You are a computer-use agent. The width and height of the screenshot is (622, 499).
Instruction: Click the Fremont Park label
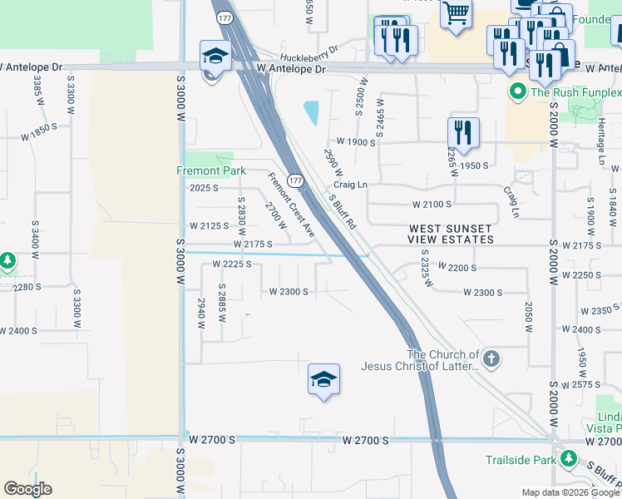pyautogui.click(x=211, y=170)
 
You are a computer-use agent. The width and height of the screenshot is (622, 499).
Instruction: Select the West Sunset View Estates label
pyautogui.click(x=450, y=234)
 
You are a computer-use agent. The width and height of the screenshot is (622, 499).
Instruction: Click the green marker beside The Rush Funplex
pyautogui.click(x=517, y=91)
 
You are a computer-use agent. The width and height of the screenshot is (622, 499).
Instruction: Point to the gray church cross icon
pyautogui.click(x=491, y=359)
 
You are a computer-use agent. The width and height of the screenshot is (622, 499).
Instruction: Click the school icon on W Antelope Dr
pyautogui.click(x=215, y=57)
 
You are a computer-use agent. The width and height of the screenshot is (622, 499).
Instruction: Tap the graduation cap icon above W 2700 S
pyautogui.click(x=323, y=380)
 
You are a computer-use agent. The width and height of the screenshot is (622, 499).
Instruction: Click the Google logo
pyautogui.click(x=27, y=489)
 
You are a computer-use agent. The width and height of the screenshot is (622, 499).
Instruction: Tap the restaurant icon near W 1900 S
pyautogui.click(x=462, y=131)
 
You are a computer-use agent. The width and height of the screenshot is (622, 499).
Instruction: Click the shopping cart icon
pyautogui.click(x=456, y=14)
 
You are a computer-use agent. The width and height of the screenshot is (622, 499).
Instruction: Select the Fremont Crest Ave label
pyautogui.click(x=289, y=204)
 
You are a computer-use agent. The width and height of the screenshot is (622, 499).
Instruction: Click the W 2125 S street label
pyautogui.click(x=209, y=225)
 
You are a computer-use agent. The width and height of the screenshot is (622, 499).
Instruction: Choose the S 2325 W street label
pyautogui.click(x=426, y=269)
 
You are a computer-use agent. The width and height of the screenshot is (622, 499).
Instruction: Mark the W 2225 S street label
pyautogui.click(x=232, y=264)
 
